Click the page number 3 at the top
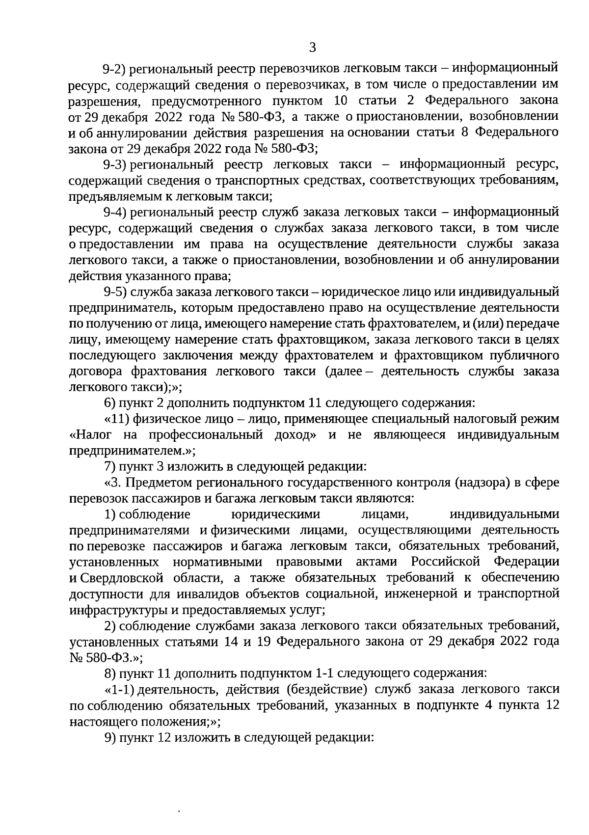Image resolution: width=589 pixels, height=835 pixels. [x=313, y=48]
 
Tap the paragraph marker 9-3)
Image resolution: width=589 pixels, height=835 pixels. [x=115, y=164]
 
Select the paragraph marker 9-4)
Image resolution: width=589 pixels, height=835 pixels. [x=115, y=212]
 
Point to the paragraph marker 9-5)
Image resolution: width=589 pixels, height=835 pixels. [x=115, y=292]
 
